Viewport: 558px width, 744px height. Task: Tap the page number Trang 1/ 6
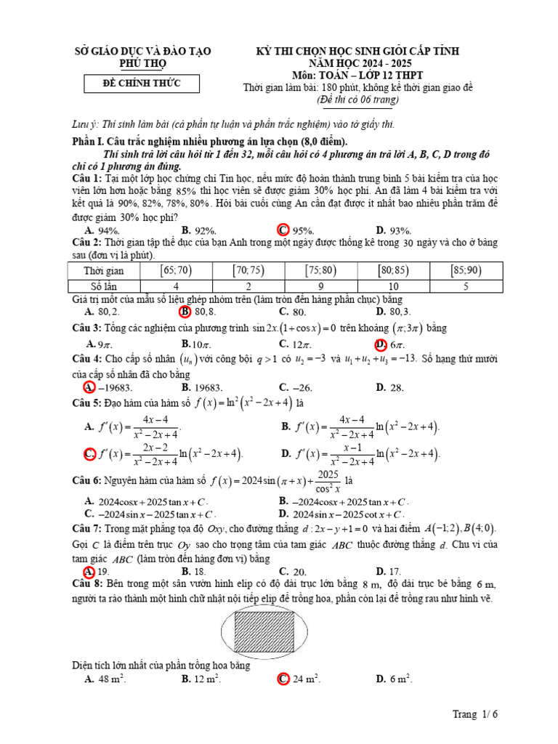(476, 715)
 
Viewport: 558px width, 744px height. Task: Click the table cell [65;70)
(175, 270)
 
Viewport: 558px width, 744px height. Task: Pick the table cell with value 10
(393, 286)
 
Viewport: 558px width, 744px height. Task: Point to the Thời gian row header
(105, 270)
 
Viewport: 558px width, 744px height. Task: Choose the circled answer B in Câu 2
(187, 312)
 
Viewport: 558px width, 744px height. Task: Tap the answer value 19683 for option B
(207, 387)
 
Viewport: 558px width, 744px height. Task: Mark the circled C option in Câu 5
(90, 454)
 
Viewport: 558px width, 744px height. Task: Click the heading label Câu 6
(88, 481)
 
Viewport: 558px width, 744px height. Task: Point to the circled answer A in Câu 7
(89, 571)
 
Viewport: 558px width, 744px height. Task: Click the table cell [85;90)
(466, 270)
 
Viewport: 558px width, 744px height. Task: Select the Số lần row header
(105, 286)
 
